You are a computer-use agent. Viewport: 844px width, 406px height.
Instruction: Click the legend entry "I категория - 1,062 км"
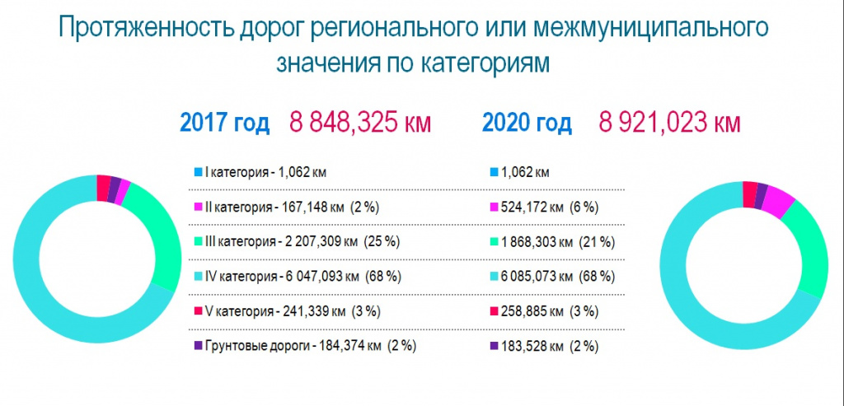(261, 173)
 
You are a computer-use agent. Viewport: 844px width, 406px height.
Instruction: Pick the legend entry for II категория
(287, 208)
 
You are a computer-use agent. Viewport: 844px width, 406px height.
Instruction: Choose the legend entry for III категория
(297, 242)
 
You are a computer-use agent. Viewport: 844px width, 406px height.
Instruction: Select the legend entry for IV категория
(298, 277)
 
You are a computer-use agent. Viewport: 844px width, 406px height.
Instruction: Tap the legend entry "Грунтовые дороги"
(306, 347)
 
